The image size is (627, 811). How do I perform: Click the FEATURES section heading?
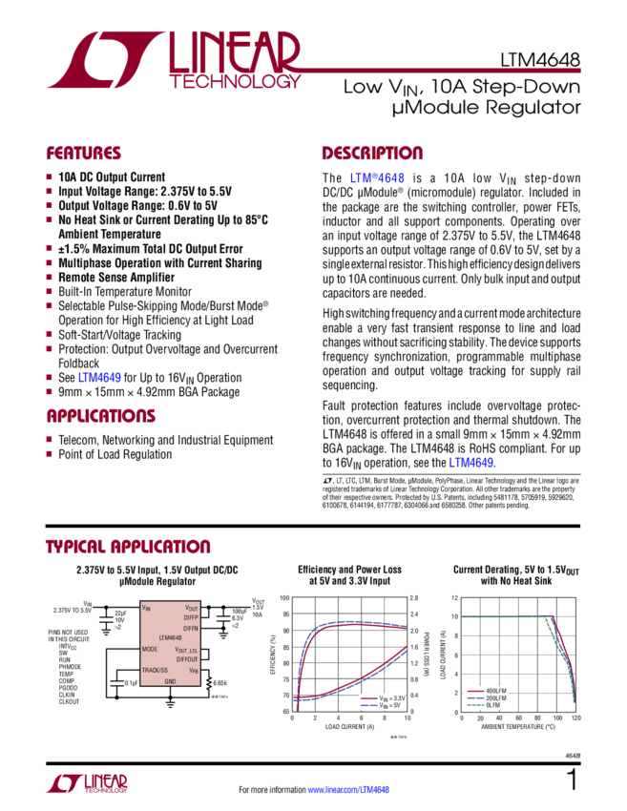(84, 154)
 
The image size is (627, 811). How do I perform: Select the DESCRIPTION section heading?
(371, 154)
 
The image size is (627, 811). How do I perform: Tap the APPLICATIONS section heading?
(102, 415)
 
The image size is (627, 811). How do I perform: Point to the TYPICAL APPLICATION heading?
(128, 547)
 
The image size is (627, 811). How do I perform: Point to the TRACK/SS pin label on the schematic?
(156, 672)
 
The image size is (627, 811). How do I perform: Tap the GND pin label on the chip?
(170, 682)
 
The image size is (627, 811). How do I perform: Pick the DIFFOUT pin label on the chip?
(187, 659)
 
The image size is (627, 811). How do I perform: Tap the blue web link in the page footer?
(348, 790)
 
